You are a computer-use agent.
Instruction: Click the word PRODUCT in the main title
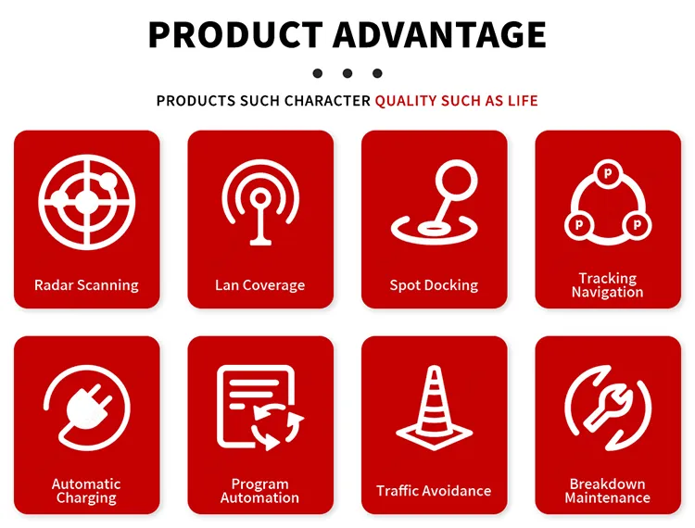[234, 34]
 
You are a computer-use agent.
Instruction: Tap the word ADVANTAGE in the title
[438, 34]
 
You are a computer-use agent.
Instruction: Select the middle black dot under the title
[347, 72]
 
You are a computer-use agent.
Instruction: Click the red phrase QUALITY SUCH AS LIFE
[456, 100]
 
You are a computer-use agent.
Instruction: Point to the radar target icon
[87, 199]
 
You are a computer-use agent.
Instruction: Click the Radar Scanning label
[86, 285]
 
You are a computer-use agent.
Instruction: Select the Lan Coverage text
[259, 285]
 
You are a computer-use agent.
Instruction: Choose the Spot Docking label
[434, 285]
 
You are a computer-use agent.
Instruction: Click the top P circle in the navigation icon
[608, 173]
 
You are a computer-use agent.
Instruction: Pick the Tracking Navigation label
[607, 285]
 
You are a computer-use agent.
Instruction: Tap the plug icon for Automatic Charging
[87, 408]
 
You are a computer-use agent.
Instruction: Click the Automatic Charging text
[86, 491]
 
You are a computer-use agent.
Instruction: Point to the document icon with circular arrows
[260, 408]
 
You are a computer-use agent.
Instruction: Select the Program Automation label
[259, 491]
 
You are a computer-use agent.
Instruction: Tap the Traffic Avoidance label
[434, 491]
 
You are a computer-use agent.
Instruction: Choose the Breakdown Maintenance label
[607, 491]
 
